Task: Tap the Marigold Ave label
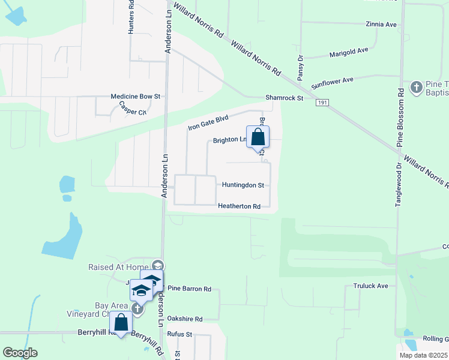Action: point(349,52)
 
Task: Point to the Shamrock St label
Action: point(285,98)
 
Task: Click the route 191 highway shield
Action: point(322,103)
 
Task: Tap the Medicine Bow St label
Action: point(135,96)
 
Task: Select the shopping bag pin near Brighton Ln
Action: point(258,137)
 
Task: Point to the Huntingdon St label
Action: point(243,185)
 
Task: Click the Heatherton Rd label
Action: point(239,206)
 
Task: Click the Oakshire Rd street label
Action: point(185,319)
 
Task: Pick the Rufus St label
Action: point(179,334)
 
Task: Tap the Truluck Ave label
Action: point(370,286)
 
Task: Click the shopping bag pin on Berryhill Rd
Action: point(121,323)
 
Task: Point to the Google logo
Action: point(20,353)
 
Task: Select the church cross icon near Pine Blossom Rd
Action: point(416,88)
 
